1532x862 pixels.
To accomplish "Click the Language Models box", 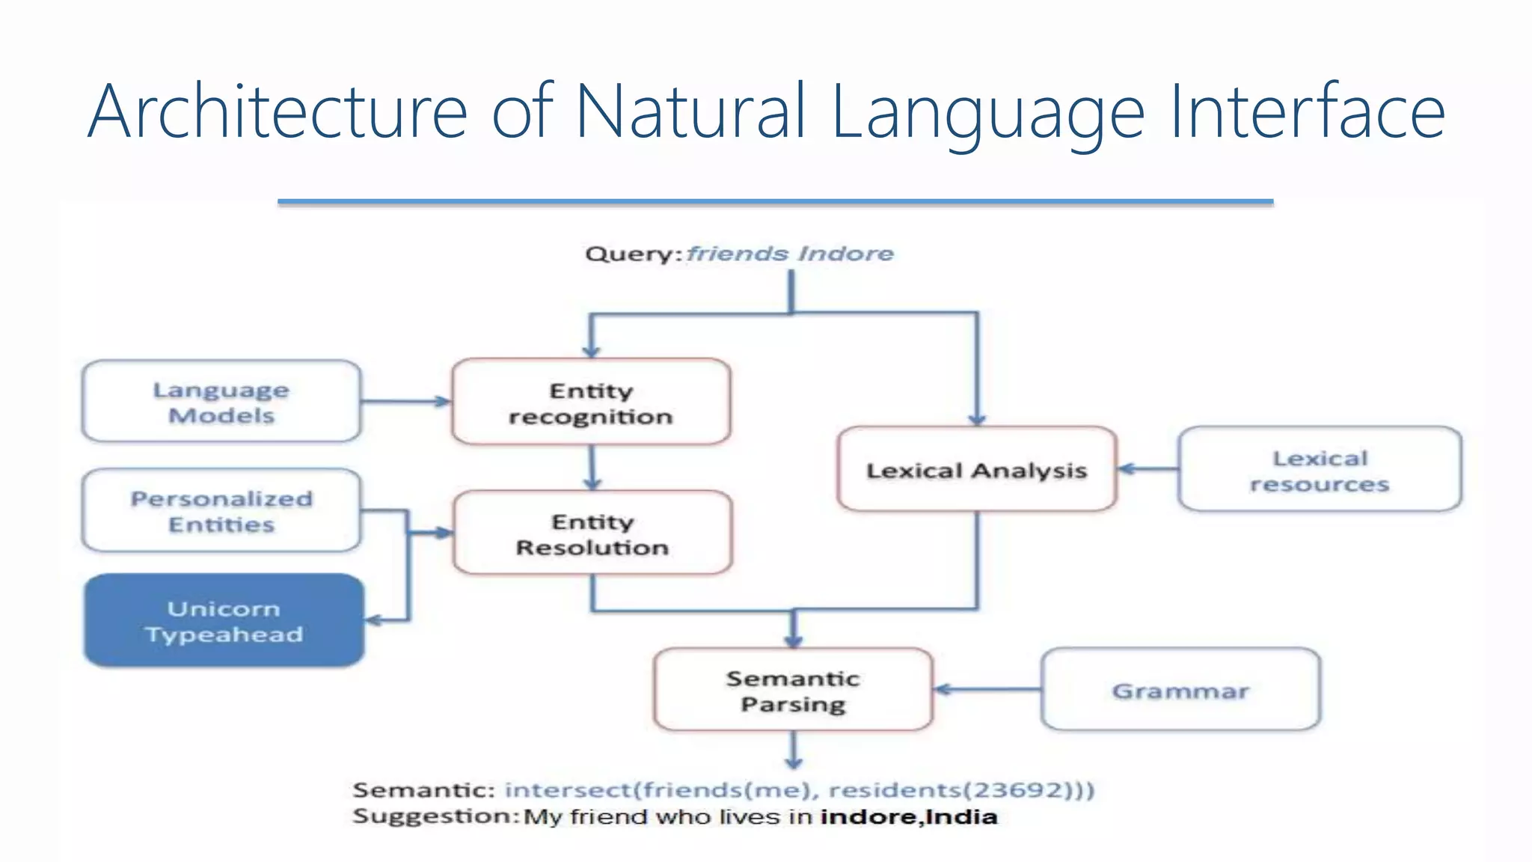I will pyautogui.click(x=221, y=402).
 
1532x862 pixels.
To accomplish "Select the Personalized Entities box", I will pyautogui.click(x=221, y=511).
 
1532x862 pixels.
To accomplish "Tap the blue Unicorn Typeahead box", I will pyautogui.click(x=224, y=621).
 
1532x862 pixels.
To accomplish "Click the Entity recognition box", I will pyautogui.click(x=591, y=403).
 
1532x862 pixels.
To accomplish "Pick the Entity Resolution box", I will pyautogui.click(x=592, y=534).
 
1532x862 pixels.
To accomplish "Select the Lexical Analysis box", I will pyautogui.click(x=976, y=470).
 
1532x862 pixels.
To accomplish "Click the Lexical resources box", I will pyautogui.click(x=1319, y=470).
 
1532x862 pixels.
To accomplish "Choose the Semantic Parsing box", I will pyautogui.click(x=793, y=690).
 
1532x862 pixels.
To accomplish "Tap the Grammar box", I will pyautogui.click(x=1180, y=690).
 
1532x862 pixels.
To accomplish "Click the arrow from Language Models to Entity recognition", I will pyautogui.click(x=405, y=402).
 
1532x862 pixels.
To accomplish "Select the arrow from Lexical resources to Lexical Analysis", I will pyautogui.click(x=1148, y=469).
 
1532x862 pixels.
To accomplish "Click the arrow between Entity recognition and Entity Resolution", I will pyautogui.click(x=592, y=468).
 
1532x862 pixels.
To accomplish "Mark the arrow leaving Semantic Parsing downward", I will pyautogui.click(x=794, y=750).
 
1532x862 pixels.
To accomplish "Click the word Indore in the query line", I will pyautogui.click(x=845, y=254).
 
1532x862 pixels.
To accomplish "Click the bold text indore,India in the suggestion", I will pyautogui.click(x=908, y=816).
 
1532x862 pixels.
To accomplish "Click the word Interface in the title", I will pyautogui.click(x=1307, y=112).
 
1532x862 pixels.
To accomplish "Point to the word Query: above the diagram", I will pyautogui.click(x=633, y=254).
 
